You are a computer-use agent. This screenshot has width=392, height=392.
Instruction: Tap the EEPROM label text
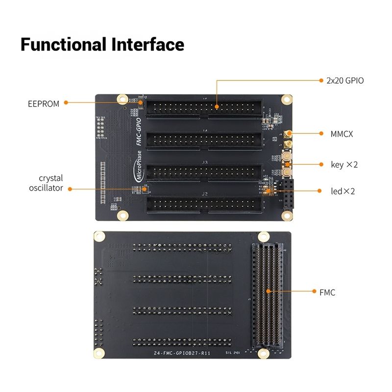click(43, 103)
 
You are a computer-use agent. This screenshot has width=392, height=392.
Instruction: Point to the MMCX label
click(342, 133)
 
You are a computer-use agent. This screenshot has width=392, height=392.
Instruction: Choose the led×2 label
click(343, 191)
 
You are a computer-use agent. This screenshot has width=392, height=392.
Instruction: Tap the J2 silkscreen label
click(205, 194)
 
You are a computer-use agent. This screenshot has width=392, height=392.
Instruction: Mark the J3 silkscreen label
click(205, 162)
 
